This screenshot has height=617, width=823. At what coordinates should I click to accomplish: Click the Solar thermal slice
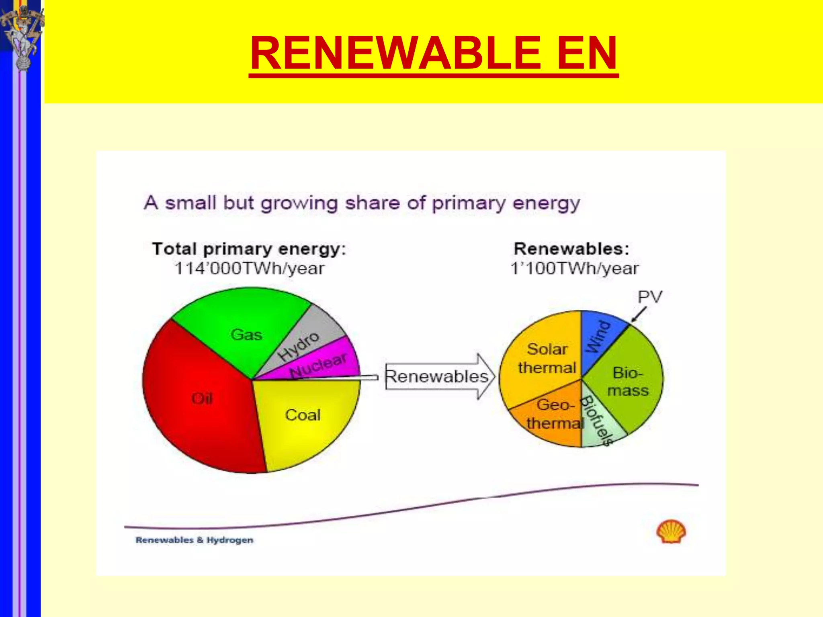[543, 362]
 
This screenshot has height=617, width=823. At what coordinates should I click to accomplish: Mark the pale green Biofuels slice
[599, 426]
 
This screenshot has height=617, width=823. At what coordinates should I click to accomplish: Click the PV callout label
[650, 297]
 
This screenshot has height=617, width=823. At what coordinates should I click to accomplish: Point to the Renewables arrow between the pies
[438, 377]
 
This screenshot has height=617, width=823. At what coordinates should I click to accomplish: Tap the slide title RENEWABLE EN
[433, 53]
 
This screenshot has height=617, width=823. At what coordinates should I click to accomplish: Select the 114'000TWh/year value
[249, 268]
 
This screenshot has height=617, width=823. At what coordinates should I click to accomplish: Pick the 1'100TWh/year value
[574, 268]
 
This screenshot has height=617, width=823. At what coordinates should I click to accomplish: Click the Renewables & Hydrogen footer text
[194, 540]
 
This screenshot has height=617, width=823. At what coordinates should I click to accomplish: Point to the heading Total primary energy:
[249, 249]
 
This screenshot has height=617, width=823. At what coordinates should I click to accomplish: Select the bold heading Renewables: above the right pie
[571, 249]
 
